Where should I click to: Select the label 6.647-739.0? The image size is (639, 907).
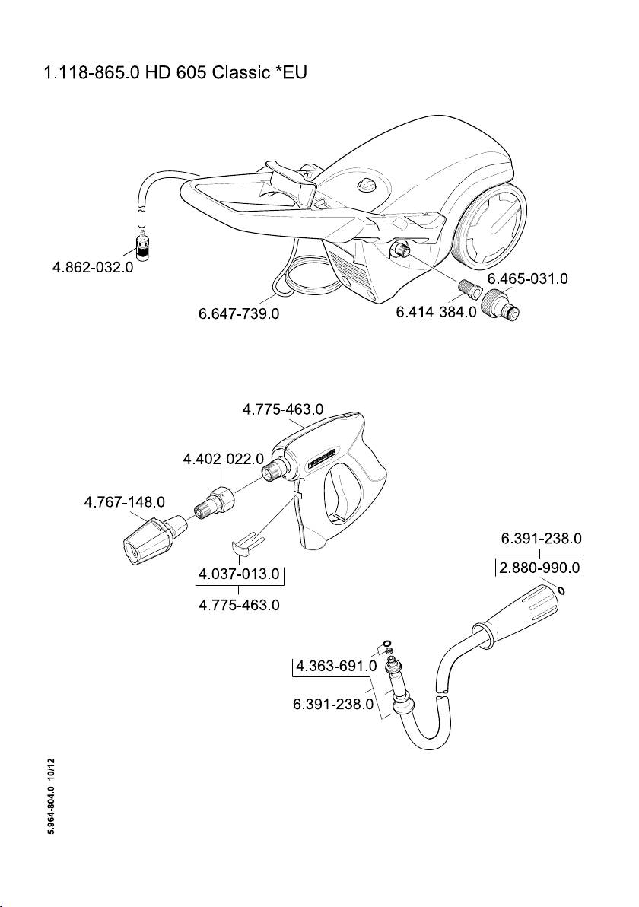coord(238,313)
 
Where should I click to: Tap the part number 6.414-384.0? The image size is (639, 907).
coord(436,313)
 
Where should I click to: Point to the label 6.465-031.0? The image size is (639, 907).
coord(527,278)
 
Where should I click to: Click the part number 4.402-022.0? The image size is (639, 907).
coord(223,460)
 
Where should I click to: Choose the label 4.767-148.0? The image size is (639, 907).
coord(124,502)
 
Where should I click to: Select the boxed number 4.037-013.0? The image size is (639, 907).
coord(239,574)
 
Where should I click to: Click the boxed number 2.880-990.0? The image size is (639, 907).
coord(539,568)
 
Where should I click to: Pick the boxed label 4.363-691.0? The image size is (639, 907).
coord(336,667)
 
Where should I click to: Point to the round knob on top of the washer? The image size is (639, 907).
coord(367,186)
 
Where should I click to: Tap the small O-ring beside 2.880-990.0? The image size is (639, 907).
coord(561,590)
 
